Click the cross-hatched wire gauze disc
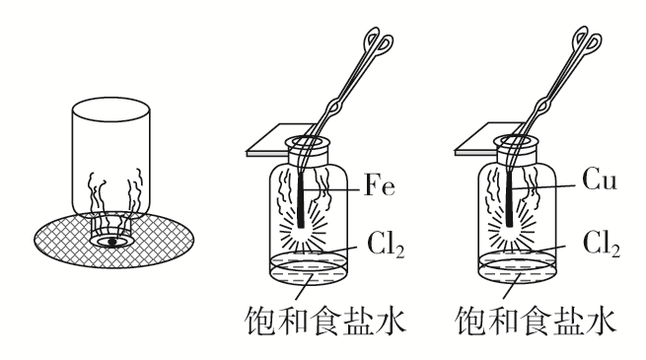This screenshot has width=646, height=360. click(x=59, y=242)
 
